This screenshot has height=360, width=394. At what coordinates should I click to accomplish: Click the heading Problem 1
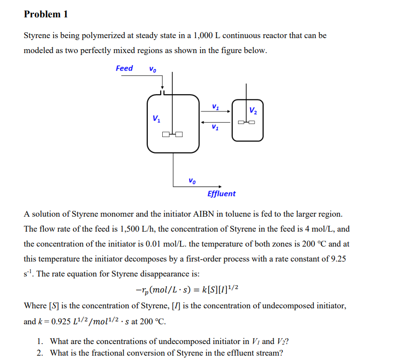(46, 14)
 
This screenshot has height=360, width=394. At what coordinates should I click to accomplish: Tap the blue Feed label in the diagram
(124, 69)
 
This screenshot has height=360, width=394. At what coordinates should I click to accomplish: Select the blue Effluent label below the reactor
(222, 194)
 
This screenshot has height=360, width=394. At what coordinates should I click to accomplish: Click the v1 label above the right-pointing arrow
(215, 107)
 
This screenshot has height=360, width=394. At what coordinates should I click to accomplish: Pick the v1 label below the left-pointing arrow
(215, 128)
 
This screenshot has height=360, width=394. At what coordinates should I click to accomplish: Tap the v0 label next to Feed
(153, 69)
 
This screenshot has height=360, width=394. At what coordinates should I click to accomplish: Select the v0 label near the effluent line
(192, 180)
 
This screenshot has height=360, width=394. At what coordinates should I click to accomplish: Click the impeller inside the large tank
(172, 134)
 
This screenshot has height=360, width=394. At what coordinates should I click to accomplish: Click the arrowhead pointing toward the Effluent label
(220, 186)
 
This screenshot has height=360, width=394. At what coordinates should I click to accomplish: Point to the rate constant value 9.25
(336, 259)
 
